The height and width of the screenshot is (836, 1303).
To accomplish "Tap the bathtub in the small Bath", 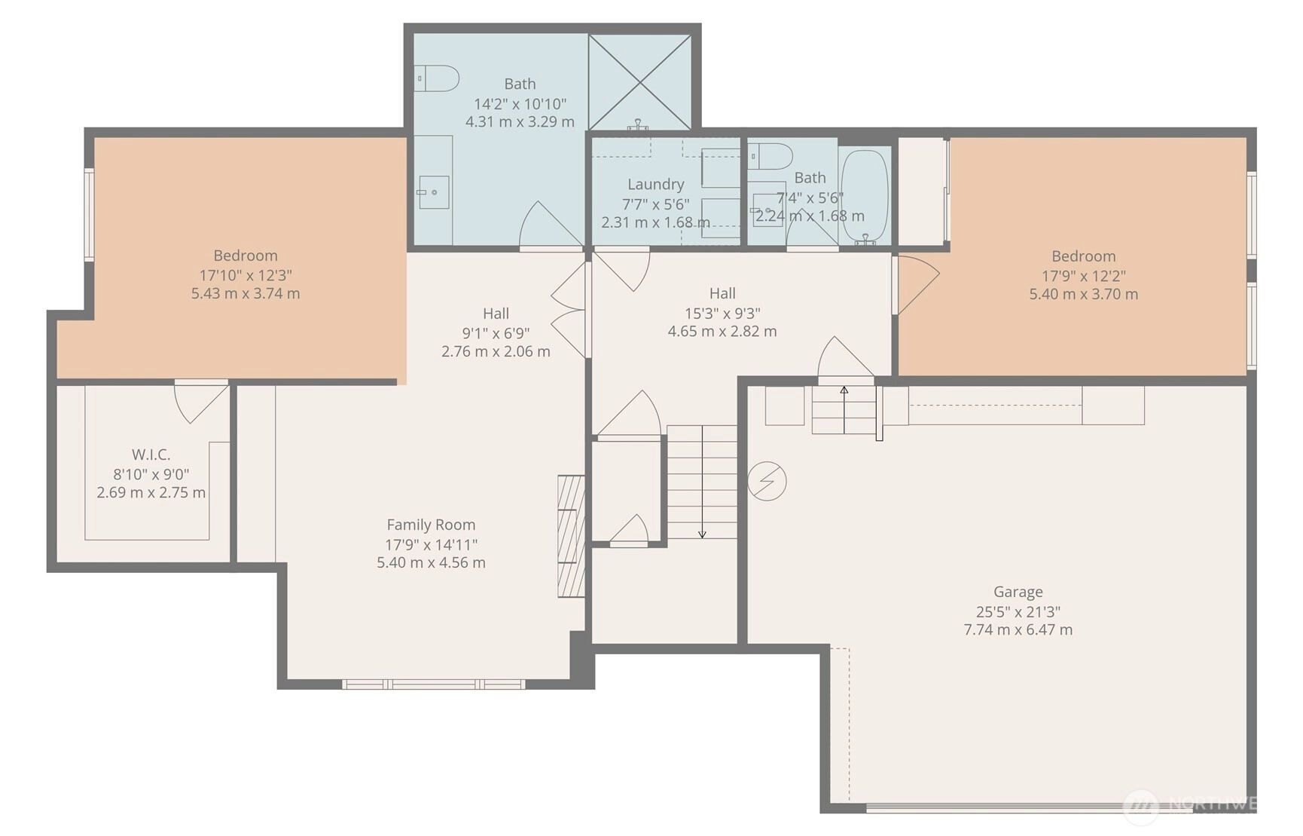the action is tap(865, 195).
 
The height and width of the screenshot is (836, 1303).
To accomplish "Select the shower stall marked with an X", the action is tap(639, 81).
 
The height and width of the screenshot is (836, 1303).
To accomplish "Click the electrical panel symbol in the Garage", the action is tap(767, 481).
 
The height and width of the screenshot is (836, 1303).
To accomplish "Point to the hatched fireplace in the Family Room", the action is tap(571, 536).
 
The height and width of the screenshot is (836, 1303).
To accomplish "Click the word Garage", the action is tap(1018, 592).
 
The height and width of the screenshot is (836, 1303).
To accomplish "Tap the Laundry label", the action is tap(655, 184).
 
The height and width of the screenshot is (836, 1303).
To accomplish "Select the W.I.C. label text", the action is tap(151, 455).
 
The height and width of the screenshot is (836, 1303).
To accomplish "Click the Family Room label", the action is tap(431, 525).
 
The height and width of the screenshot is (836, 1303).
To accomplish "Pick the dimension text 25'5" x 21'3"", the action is tap(1018, 611).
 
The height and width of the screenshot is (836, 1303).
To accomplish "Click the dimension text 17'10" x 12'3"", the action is tap(246, 275).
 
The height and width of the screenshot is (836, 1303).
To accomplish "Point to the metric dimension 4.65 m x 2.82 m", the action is tap(722, 331).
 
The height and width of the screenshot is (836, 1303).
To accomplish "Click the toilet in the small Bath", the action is tap(770, 156).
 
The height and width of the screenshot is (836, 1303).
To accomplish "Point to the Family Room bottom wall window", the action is tap(434, 684).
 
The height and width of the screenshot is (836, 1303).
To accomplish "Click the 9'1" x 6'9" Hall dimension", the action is tap(496, 332).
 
